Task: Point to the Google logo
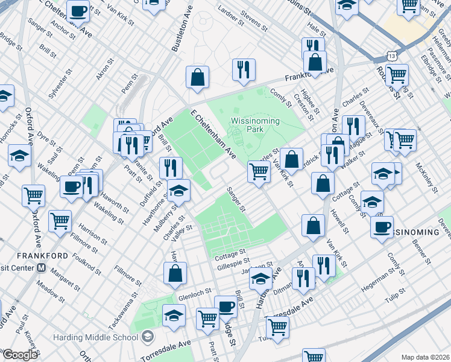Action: click(x=20, y=355)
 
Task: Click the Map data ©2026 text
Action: click(x=424, y=357)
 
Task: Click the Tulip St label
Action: click(x=394, y=297)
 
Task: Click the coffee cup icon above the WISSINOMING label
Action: click(x=382, y=227)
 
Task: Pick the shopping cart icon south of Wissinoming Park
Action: click(x=259, y=171)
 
